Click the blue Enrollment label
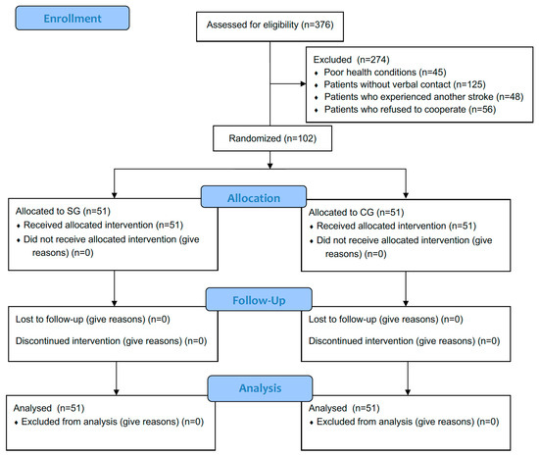pos(71,20)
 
